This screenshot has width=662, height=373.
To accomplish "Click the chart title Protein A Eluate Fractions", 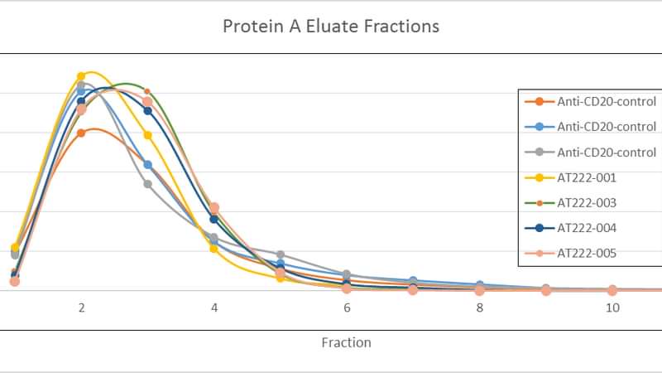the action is (331, 27).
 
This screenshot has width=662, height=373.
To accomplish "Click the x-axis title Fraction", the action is (346, 342).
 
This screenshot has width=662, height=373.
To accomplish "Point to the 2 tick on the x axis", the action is (81, 308).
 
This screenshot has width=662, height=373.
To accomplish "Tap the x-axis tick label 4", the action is (214, 308).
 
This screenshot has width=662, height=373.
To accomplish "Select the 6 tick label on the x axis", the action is (347, 308).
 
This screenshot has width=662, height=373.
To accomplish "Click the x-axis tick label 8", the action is (480, 308).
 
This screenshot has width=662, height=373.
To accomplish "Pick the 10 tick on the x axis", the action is (612, 308).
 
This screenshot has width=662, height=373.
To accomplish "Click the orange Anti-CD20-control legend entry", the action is (590, 101).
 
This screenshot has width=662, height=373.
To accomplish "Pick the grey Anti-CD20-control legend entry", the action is (590, 153).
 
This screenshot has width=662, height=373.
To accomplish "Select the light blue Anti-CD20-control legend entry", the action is (590, 127).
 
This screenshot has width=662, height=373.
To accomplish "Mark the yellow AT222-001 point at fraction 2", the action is (81, 76).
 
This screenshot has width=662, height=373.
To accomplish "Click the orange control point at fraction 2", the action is (81, 133).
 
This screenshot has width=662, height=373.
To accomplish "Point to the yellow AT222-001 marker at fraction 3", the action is (148, 135).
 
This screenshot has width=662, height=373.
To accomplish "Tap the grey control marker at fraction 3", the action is (148, 184).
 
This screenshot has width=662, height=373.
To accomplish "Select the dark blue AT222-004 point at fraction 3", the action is (148, 111).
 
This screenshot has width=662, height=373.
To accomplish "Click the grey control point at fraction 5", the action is (281, 254).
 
